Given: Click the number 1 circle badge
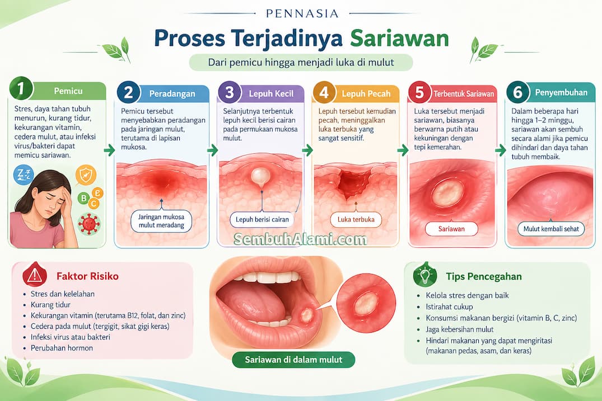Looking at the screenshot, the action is pos(21,88).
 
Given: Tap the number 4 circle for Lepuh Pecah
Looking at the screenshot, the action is pos(324,92).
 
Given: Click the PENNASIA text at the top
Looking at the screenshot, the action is pos(302,14).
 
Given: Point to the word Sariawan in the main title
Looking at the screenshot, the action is pos(399,39).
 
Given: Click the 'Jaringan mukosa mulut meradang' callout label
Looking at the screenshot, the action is pos(161,221).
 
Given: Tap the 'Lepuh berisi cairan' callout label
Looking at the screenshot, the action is pos(262,220).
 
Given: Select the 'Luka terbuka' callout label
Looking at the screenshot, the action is pos(356,220).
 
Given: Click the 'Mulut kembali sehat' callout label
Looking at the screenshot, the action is pos(551,229).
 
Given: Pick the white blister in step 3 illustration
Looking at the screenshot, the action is pos(261,176).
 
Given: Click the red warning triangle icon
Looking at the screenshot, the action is pos(35,275).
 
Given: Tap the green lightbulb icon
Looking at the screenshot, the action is pos(425,275).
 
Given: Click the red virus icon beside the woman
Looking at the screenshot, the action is pos(89,224).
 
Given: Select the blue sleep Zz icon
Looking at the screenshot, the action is pos(24,175).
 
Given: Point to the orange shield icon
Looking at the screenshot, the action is pos(86,175).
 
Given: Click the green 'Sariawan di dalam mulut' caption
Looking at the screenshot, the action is pos(293,360).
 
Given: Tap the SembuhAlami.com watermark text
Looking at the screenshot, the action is pos(300,239).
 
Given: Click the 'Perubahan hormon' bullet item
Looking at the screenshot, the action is pos(62,348).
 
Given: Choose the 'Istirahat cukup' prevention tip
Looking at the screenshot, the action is pos(449,306).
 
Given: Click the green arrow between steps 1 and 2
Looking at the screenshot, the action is pos(109,150).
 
